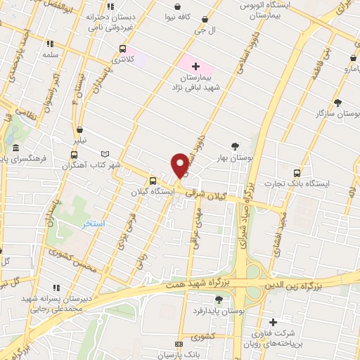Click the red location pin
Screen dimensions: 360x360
(x=179, y=165)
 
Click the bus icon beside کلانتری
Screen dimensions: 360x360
(x=123, y=49)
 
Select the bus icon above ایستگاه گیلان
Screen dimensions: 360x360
(x=153, y=180)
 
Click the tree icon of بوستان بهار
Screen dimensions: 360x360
(x=234, y=146)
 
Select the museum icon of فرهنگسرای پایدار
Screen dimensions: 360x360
(x=15, y=148)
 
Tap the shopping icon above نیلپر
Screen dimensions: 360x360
(x=81, y=130)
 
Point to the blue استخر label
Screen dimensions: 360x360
(x=90, y=224)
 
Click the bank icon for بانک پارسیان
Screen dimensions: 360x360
(x=178, y=344)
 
